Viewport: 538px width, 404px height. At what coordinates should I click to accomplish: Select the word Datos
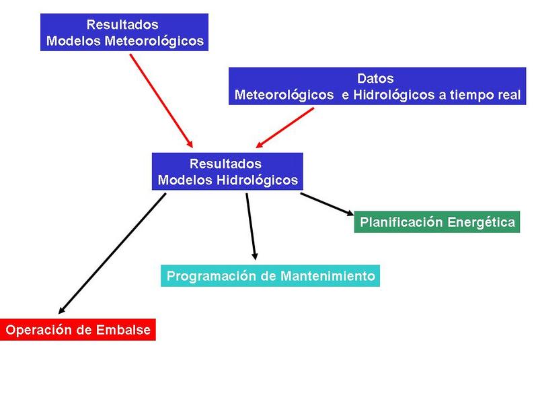click(x=375, y=79)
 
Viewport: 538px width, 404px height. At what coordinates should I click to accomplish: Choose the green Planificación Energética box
click(x=437, y=222)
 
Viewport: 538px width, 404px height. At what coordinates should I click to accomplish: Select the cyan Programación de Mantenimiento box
click(x=270, y=276)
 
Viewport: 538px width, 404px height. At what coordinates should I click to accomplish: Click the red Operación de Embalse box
click(x=78, y=330)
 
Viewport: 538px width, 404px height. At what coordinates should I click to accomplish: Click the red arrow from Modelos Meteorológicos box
click(x=161, y=100)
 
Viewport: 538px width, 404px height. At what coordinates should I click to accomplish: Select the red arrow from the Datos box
click(x=286, y=127)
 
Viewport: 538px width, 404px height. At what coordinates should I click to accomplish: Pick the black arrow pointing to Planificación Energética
click(x=327, y=204)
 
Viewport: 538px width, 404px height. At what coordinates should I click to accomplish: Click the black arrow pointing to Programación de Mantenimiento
click(x=251, y=226)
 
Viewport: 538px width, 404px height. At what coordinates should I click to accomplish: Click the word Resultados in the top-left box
click(x=122, y=25)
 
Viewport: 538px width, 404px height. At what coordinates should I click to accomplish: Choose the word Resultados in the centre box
click(x=225, y=164)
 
